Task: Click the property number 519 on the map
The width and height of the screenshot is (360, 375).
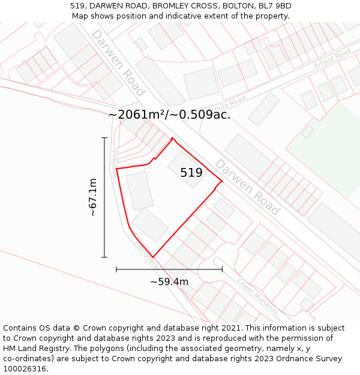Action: coord(191,173)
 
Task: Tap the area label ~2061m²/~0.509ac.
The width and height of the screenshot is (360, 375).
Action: coord(170,115)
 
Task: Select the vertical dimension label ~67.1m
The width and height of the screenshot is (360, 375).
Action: coord(92,197)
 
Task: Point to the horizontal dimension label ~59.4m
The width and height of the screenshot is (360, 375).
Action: coord(169,281)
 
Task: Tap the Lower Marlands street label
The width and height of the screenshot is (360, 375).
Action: coord(257,296)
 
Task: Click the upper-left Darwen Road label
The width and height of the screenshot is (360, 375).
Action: coord(118,62)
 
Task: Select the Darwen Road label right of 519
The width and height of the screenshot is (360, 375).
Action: coord(247,187)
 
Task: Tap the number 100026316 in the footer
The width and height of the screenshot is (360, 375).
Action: coord(25,369)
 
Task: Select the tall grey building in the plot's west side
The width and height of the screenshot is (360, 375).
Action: coord(140,191)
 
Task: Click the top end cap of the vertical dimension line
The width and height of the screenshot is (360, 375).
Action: coord(104,138)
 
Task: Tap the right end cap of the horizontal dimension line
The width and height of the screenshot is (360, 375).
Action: coord(222,269)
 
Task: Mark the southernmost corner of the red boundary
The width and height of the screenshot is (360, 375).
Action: coord(154,257)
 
